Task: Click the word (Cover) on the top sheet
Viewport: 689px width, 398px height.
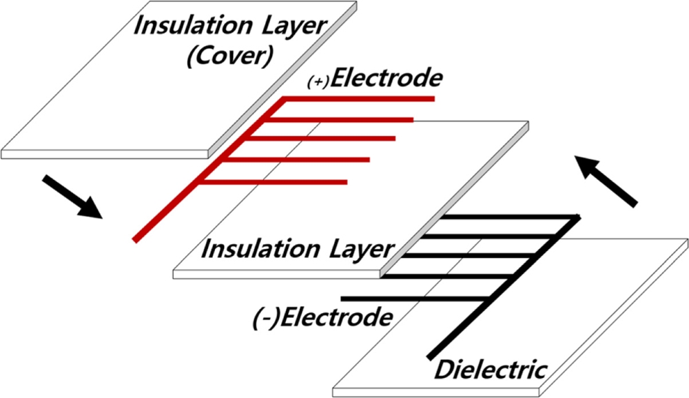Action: point(227,56)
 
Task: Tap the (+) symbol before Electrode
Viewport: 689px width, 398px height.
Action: point(319,83)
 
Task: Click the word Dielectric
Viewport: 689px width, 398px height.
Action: point(491,370)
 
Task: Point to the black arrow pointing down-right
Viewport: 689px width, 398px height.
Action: point(72,197)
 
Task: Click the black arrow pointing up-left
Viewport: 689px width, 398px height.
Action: point(606,181)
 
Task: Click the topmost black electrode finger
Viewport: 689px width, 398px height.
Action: point(510,217)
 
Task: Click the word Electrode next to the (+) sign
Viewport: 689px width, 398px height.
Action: point(387,79)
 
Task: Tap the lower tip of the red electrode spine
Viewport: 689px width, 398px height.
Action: point(136,239)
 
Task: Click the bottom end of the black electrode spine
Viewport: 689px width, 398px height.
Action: point(431,357)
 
